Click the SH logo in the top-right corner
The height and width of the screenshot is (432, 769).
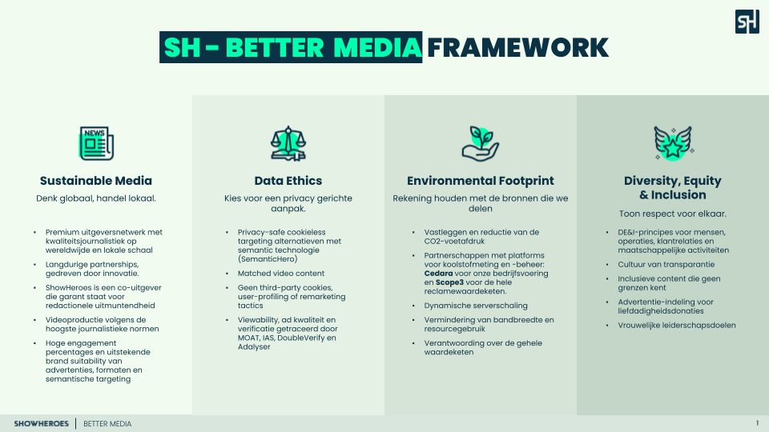pyautogui.click(x=747, y=22)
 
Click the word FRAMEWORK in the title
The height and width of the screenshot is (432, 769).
pyautogui.click(x=518, y=47)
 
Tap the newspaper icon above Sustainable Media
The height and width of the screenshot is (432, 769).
pyautogui.click(x=97, y=143)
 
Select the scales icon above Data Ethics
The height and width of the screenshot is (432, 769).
pyautogui.click(x=288, y=143)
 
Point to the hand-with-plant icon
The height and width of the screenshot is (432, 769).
pyautogui.click(x=481, y=143)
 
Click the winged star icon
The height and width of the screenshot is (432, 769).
pyautogui.click(x=673, y=143)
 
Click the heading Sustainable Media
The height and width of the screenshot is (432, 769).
pyautogui.click(x=96, y=181)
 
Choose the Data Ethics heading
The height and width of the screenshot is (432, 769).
pyautogui.click(x=288, y=181)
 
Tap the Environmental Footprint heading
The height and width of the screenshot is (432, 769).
pyautogui.click(x=481, y=182)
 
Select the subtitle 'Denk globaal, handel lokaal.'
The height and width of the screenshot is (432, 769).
pyautogui.click(x=96, y=198)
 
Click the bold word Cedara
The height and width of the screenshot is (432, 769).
pyautogui.click(x=438, y=274)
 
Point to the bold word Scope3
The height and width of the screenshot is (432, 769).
pyautogui.click(x=449, y=282)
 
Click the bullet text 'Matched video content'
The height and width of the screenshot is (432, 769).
pyautogui.click(x=281, y=274)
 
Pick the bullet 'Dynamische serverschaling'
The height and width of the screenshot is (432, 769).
pyautogui.click(x=476, y=306)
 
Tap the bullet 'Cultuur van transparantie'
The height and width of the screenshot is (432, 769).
pyautogui.click(x=666, y=265)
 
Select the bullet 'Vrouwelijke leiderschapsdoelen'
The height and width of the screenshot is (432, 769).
pyautogui.click(x=677, y=326)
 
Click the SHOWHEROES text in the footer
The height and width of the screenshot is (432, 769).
pyautogui.click(x=41, y=424)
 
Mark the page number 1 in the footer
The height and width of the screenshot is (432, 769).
pyautogui.click(x=757, y=423)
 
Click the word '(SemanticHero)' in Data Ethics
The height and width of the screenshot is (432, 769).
pyautogui.click(x=268, y=259)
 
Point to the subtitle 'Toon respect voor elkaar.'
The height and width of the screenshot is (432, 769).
pyautogui.click(x=672, y=214)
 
